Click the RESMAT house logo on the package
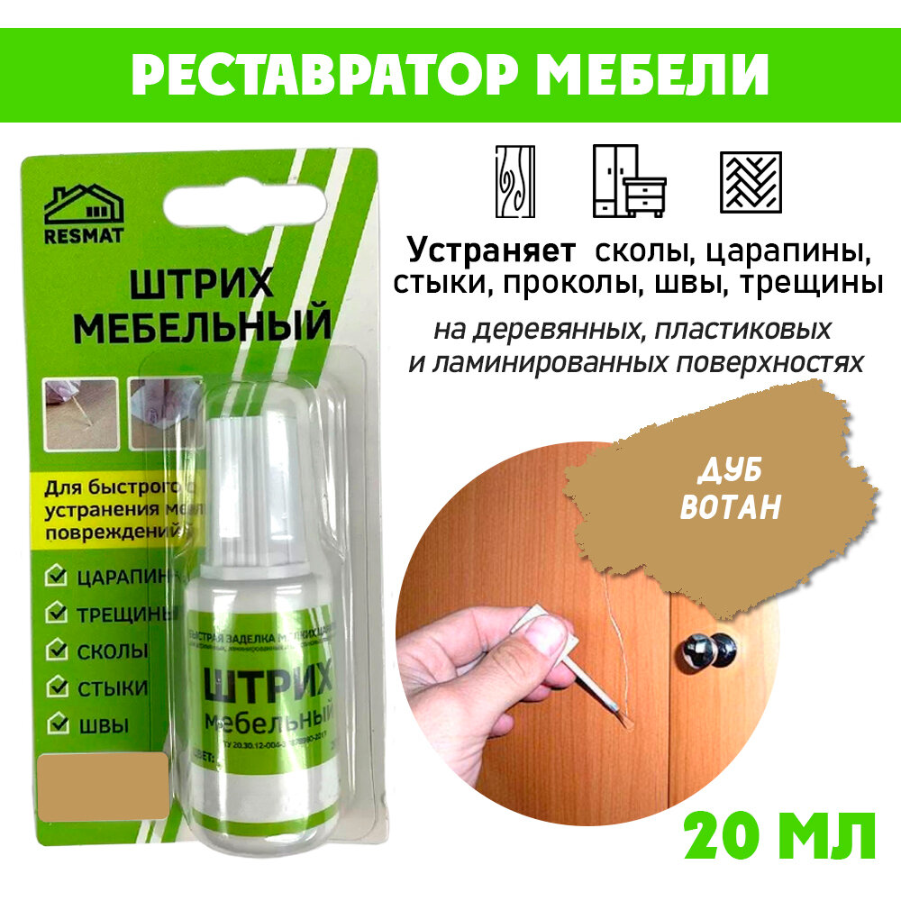[x=85, y=213]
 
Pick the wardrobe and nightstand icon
[x=628, y=181]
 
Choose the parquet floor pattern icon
[x=751, y=182]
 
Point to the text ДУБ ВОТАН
[x=730, y=492]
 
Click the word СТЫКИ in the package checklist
[x=113, y=687]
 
